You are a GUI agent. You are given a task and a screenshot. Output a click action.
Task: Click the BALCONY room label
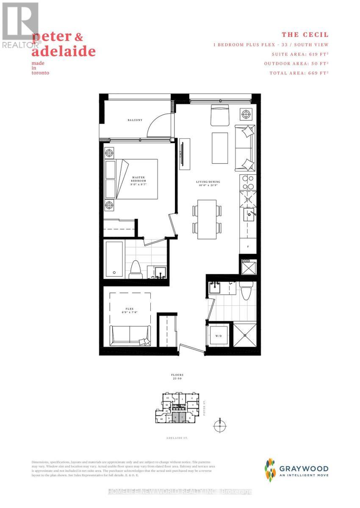coord(135,120)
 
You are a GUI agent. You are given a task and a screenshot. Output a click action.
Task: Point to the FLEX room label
coord(130,310)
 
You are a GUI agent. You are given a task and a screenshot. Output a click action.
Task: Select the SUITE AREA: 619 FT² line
coord(300,54)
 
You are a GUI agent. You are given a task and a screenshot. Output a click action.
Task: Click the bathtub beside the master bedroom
coord(114,259)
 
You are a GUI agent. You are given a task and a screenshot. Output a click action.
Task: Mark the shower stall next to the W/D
coord(244,335)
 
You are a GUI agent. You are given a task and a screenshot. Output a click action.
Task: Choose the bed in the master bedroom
coord(136,179)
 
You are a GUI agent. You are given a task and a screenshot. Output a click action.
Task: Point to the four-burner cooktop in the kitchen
coord(247,182)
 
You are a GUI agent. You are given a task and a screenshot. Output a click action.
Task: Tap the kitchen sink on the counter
coord(249,214)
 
